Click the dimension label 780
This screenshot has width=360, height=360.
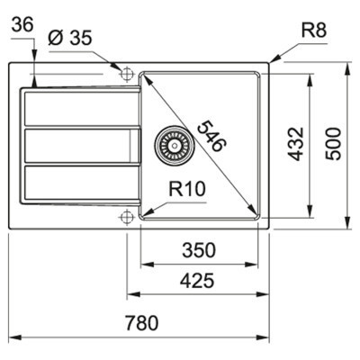pos(142,321)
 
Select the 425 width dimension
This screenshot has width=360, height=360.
pos(198,281)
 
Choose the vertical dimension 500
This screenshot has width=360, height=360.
pos(334,143)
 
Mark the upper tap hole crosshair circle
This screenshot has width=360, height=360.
pos(126,73)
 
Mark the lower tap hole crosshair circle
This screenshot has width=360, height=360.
pos(126,216)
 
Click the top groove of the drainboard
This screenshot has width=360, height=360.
pos(79,108)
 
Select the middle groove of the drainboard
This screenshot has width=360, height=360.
pos(79,144)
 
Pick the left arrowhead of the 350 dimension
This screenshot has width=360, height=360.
pos(145,264)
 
